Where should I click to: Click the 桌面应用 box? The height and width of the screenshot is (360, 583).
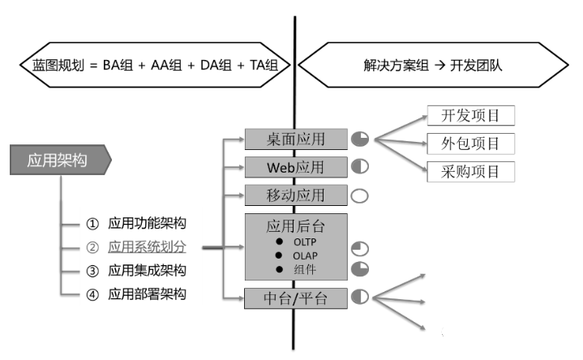[x=296, y=139]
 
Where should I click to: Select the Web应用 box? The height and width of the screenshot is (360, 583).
[x=296, y=167]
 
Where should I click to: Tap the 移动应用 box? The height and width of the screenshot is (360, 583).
[x=296, y=195]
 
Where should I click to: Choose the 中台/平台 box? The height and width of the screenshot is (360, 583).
[x=296, y=298]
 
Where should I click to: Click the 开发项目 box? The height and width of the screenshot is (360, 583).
[x=471, y=116]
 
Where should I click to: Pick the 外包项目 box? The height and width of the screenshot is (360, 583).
[x=471, y=144]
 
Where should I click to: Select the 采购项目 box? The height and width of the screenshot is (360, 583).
[x=471, y=172]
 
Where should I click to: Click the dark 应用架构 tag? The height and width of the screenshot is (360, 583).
[x=60, y=160]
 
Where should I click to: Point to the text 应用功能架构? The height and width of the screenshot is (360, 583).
[x=148, y=224]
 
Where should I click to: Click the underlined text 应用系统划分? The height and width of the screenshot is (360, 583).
[x=148, y=247]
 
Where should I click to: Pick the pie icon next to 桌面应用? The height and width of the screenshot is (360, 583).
[x=360, y=139]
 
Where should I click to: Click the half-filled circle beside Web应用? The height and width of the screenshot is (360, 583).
[x=360, y=166]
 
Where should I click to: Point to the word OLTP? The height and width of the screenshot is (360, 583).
[x=305, y=242]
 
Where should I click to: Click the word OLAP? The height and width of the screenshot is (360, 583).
[x=305, y=256]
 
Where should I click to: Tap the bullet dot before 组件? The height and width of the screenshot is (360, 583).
[x=279, y=269]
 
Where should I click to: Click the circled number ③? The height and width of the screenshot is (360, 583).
[x=92, y=271]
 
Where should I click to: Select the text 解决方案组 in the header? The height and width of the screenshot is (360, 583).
[x=396, y=66]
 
